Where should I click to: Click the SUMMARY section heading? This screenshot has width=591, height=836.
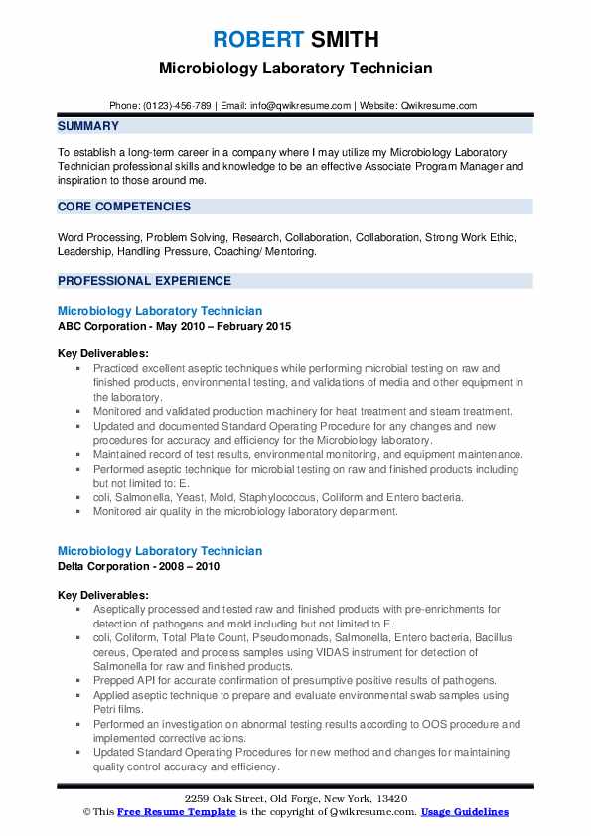88,126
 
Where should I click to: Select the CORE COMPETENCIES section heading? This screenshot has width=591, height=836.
124,207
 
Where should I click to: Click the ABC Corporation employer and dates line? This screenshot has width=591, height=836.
175,327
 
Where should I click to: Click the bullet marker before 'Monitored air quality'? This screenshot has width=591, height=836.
78,512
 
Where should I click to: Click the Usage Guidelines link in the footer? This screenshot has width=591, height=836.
465,812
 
